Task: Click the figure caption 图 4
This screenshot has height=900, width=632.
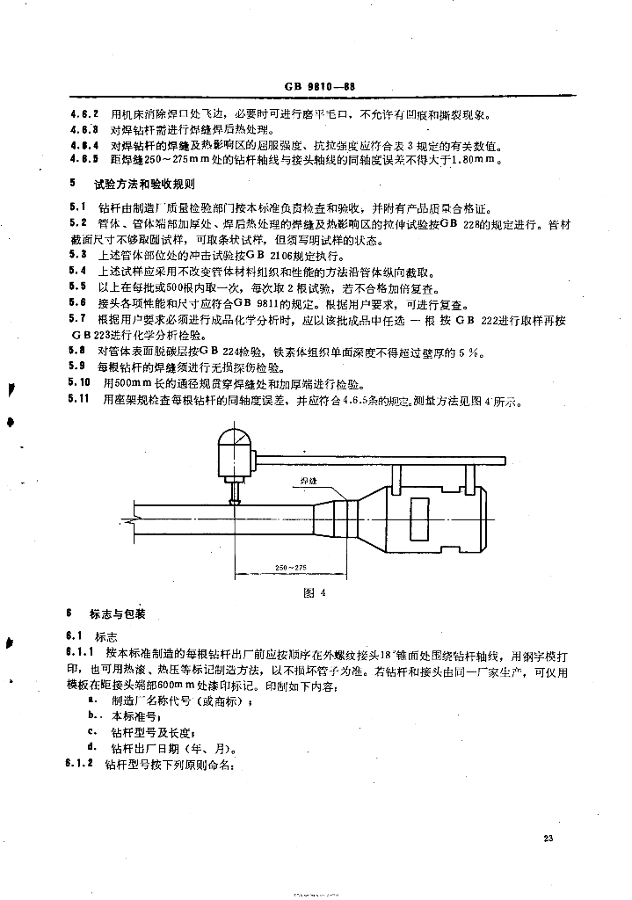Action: tap(315, 592)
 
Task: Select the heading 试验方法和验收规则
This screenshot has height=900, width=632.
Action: tap(144, 185)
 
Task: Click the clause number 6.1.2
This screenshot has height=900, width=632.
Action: tap(80, 765)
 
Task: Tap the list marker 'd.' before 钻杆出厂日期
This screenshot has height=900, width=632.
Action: tap(92, 749)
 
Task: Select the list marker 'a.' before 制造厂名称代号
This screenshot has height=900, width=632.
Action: tap(92, 700)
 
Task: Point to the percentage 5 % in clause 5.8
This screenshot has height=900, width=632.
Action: tap(476, 352)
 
